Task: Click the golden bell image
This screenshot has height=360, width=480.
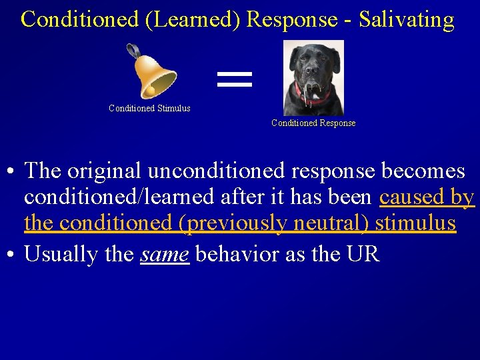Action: (x=152, y=73)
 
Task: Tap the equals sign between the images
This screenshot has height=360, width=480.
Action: (x=235, y=79)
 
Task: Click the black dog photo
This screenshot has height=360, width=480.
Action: (x=313, y=77)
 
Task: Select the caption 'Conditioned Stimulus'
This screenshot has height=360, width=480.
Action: (x=149, y=108)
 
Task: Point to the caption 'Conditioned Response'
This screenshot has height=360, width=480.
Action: (x=313, y=123)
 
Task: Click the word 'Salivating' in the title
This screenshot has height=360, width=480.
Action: (x=407, y=19)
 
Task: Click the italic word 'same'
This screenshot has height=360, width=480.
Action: (x=165, y=254)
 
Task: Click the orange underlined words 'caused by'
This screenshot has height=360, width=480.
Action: (x=426, y=197)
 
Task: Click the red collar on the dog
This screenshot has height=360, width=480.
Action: (x=313, y=97)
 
